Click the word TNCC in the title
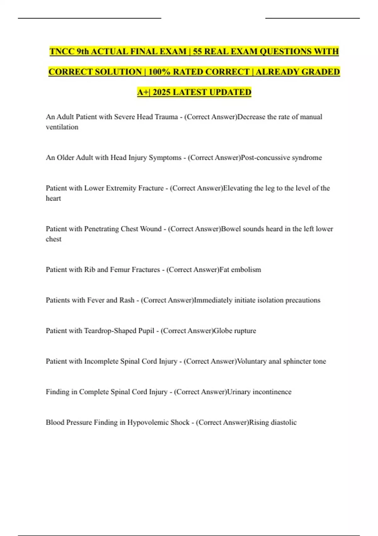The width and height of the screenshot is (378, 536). click(62, 51)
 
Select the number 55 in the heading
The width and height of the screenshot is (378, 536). click(197, 51)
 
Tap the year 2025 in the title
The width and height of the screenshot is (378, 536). click(162, 92)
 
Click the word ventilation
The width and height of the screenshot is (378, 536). click(62, 127)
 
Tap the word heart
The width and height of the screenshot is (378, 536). click(53, 198)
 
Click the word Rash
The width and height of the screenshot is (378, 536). click(127, 300)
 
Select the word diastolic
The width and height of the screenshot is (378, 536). click(282, 422)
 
